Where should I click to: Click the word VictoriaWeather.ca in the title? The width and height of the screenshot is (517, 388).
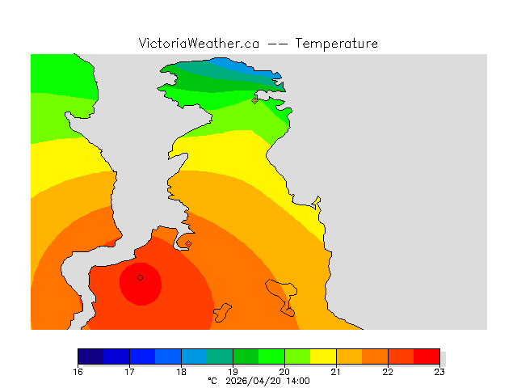coord(199,44)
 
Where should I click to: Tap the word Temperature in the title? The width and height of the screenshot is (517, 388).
coord(336,44)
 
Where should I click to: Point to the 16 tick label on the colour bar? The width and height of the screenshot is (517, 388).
coord(78,372)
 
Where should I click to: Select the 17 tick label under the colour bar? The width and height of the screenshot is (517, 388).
coord(129,372)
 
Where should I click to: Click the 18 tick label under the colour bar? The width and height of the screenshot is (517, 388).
coord(181,372)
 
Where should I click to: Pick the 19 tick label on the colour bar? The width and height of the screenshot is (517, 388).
coord(233,372)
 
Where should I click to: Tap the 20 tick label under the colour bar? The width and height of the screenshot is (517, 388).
coord(284,372)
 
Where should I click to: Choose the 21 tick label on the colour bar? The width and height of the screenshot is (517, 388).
coord(336,372)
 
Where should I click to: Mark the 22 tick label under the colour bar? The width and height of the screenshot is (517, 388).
coord(388,372)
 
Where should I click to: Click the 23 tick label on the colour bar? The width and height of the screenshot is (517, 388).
coord(439,372)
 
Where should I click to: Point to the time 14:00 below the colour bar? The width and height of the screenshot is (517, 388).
coord(296,380)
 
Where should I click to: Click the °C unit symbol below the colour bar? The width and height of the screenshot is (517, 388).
coord(212,380)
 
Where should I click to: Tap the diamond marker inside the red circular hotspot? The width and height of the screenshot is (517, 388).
coord(140,277)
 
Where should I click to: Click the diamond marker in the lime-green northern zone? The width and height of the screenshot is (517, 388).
coord(254,100)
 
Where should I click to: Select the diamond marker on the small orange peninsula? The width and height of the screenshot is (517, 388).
coord(188,243)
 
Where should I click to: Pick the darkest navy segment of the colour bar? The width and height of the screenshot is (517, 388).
coord(90,356)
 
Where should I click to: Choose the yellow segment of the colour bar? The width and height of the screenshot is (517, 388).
coord(323,356)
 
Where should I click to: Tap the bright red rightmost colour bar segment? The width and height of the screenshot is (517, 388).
coord(427,356)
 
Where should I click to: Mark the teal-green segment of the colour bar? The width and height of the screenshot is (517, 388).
coord(220,356)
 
